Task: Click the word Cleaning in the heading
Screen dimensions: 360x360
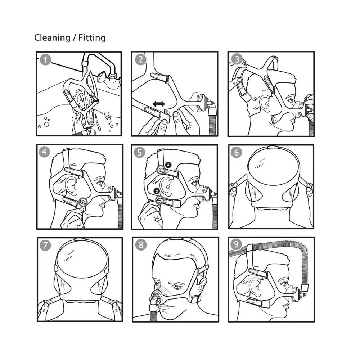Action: pos(52,38)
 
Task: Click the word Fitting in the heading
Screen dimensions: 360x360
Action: pos(92,38)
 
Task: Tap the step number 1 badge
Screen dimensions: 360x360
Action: pos(45,60)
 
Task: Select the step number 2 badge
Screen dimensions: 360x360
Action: pos(140,60)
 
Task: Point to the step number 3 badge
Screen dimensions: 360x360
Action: pos(237,59)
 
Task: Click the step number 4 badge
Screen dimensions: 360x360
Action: pos(44,152)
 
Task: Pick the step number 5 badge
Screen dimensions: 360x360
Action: pos(140,152)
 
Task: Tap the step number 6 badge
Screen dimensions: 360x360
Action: pos(237,152)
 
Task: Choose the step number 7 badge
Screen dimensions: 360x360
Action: pos(45,245)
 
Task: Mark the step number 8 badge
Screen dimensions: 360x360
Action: pos(141,245)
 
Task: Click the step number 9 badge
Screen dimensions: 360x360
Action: pos(236,244)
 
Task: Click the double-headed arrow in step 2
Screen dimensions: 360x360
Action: pos(159,104)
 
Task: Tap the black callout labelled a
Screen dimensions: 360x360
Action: pos(168,165)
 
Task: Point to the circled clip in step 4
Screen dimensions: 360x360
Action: pos(83,202)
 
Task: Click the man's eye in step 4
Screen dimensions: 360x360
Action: pos(100,183)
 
